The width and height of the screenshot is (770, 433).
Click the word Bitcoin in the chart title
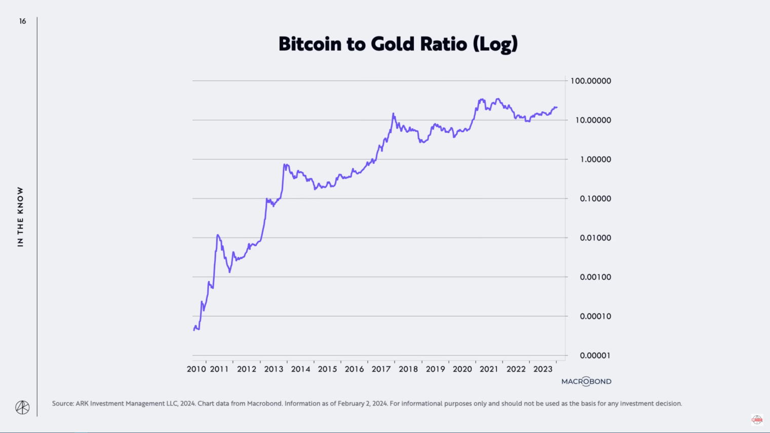310,44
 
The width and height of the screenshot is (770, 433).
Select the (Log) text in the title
495,45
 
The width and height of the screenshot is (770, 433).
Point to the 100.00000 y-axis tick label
591,81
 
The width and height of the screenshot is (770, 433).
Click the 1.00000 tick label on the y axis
595,160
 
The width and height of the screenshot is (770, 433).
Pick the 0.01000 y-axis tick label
595,238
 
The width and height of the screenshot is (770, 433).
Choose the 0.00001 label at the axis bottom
595,356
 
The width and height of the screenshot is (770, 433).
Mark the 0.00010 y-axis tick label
595,317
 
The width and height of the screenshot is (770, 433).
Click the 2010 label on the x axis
196,369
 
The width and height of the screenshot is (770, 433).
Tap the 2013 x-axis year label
274,369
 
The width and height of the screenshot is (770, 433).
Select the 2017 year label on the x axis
381,369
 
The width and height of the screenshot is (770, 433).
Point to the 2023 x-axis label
543,369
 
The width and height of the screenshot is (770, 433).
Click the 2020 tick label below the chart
462,369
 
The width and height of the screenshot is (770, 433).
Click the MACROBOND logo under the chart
586,381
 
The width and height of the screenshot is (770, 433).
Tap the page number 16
22,21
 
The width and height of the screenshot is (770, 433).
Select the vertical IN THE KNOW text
20,217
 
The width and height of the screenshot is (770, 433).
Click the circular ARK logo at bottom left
22,407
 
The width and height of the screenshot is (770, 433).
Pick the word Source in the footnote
62,404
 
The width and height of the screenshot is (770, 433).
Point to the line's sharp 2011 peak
218,235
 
